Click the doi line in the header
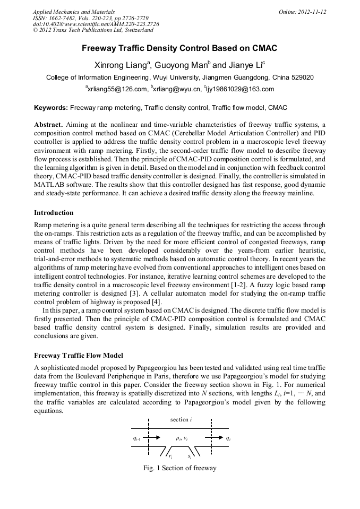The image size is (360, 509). pyautogui.click(x=96, y=24)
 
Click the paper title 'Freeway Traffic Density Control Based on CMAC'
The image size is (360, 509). pyautogui.click(x=179, y=48)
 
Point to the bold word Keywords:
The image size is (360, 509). pyautogui.click(x=51, y=108)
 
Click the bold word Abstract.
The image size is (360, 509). pyautogui.click(x=48, y=124)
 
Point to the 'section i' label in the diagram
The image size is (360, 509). pyautogui.click(x=181, y=419)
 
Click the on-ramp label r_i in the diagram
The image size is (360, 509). pyautogui.click(x=170, y=456)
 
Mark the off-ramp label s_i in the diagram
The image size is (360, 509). pyautogui.click(x=190, y=456)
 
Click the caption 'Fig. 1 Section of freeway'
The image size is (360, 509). pyautogui.click(x=179, y=468)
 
